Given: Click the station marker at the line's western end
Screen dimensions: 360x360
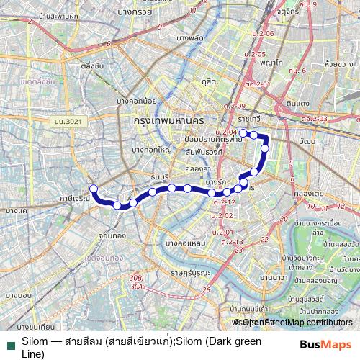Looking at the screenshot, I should [93, 189].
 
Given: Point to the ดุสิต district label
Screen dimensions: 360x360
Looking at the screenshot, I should [210, 82].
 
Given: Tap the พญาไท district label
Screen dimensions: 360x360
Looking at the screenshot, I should [271, 63].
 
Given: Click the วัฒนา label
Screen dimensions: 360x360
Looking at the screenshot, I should [311, 141].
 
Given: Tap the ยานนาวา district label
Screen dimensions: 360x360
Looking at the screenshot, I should [274, 276].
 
